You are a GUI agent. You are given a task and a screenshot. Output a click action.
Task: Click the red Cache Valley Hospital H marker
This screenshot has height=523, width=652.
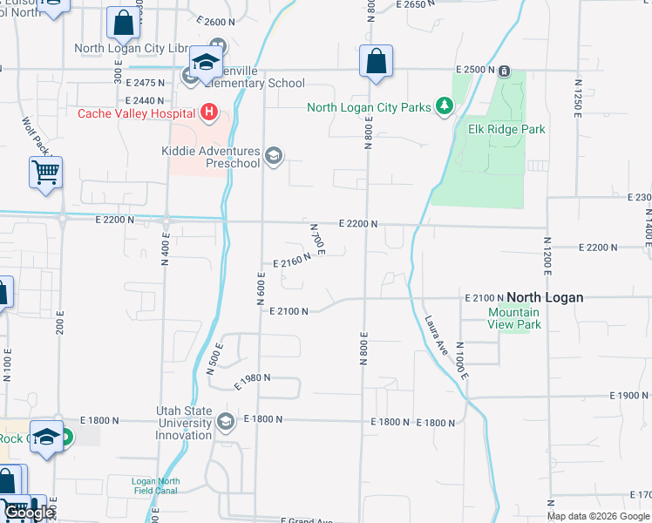pos(208,112)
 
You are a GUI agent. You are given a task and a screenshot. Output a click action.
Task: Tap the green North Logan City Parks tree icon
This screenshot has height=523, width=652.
pos(445,106)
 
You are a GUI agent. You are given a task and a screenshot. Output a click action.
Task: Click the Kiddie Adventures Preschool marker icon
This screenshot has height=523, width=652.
pos(274,156)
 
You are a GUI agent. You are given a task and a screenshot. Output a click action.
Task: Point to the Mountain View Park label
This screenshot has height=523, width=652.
pos(514,318)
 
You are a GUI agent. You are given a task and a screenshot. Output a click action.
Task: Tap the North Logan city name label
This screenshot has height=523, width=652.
pos(545,297)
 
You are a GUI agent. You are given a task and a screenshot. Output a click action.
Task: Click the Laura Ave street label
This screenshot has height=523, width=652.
pos(436,334)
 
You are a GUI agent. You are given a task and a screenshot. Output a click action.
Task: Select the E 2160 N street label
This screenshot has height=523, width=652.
pos(292,261)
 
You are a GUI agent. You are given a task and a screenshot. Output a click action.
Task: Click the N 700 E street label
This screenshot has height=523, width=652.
pos(317,239)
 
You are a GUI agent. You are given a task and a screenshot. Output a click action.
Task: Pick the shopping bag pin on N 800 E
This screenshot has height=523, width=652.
pos(376,63)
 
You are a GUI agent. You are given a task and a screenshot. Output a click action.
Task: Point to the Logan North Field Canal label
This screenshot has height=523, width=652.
pos(155,486)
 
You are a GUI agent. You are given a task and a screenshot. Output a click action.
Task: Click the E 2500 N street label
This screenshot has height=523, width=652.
pos(475,69)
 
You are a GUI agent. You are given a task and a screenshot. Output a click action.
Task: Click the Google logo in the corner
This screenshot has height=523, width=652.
pos(29,513)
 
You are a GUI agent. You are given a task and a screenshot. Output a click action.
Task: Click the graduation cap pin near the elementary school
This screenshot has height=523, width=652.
pos(207,63)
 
